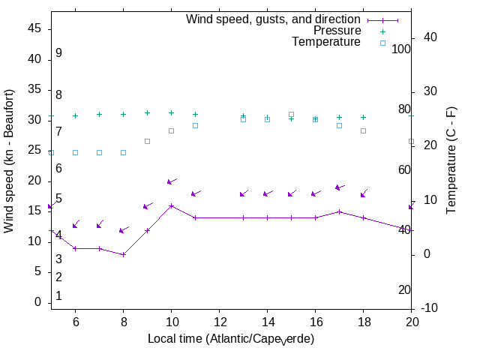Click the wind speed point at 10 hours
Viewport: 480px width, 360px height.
(x=171, y=205)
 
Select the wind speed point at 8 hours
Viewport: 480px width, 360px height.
(x=123, y=254)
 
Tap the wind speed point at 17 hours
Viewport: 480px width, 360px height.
(x=339, y=211)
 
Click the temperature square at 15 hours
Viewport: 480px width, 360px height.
(x=291, y=115)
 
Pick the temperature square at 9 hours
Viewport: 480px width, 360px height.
(x=147, y=141)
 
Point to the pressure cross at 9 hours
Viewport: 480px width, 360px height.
(x=147, y=113)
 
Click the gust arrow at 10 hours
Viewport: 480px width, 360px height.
(x=171, y=181)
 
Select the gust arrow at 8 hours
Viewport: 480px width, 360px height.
(x=123, y=230)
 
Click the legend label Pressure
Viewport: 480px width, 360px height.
(x=337, y=31)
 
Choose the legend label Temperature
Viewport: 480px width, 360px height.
(x=326, y=42)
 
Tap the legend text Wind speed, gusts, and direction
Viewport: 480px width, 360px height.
(x=274, y=19)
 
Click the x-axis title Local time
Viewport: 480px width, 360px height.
(x=231, y=339)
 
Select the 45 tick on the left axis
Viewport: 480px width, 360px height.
(x=34, y=28)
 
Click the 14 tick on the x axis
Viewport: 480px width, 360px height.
(x=267, y=320)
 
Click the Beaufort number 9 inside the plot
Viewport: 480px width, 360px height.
(x=58, y=53)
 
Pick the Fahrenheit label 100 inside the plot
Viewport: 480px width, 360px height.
(x=402, y=49)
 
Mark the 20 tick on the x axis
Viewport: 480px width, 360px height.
(x=411, y=320)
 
